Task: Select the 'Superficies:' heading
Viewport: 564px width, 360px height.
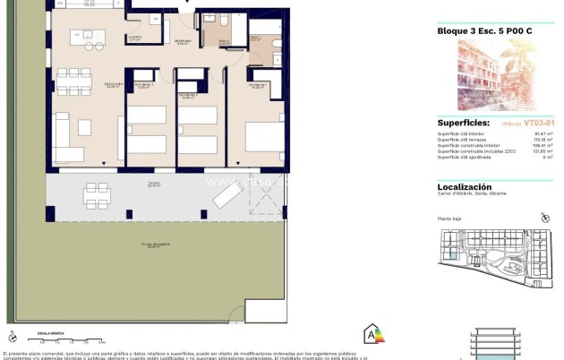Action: [463, 122]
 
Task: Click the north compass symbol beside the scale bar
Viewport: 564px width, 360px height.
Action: [12, 338]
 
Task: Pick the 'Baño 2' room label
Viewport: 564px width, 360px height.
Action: [224, 41]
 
